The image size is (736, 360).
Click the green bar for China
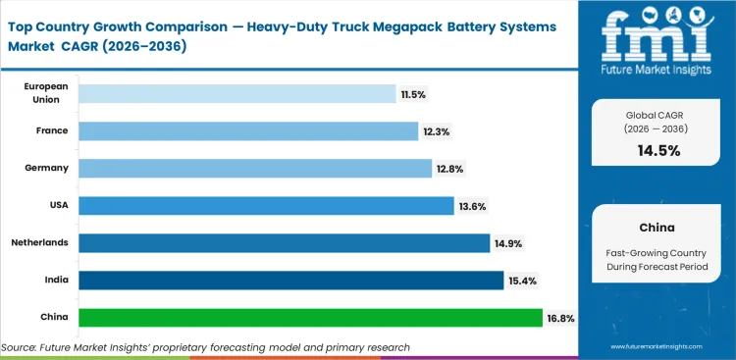[x=309, y=318]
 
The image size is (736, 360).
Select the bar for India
[x=290, y=281]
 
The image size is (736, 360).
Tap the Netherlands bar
[x=284, y=242]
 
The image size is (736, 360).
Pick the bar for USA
[x=266, y=205]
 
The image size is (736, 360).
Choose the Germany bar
[x=255, y=168]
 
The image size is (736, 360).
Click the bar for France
[x=248, y=130]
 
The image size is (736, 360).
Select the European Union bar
[x=237, y=93]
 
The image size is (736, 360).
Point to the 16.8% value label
[x=560, y=318]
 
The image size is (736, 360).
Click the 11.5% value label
[x=413, y=93]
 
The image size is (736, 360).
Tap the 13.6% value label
[x=471, y=205]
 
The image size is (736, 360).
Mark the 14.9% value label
[x=507, y=242]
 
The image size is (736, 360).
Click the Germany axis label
[x=46, y=168]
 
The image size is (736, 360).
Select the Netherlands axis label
[x=39, y=242]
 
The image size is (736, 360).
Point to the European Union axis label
[x=46, y=93]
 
